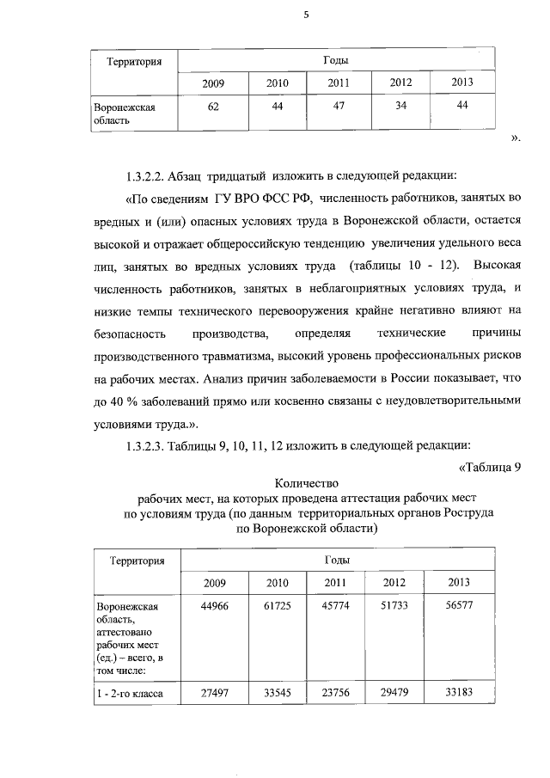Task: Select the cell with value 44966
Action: coord(214,607)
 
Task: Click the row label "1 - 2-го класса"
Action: coord(131,694)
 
